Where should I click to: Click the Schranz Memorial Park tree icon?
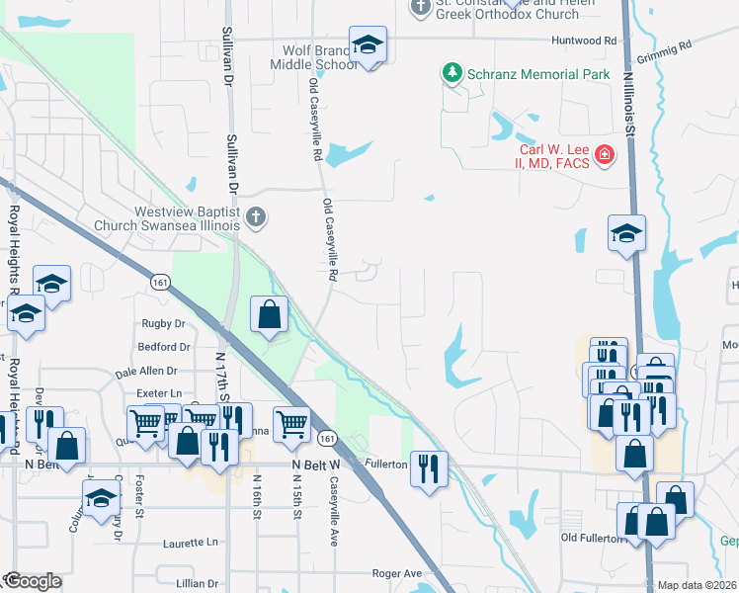(x=452, y=73)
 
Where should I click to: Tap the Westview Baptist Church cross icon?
(x=256, y=217)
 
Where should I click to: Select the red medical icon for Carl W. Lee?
(x=603, y=155)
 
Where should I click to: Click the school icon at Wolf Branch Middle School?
(x=368, y=45)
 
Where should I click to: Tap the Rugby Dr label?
(x=164, y=323)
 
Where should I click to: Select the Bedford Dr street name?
(x=164, y=347)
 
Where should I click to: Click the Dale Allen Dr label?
(x=145, y=372)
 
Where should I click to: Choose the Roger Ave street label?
(x=397, y=573)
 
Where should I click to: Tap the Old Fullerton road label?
(x=595, y=538)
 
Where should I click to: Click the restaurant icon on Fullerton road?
(x=428, y=467)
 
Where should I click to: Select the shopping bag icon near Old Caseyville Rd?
(x=269, y=315)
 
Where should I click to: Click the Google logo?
(x=32, y=581)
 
